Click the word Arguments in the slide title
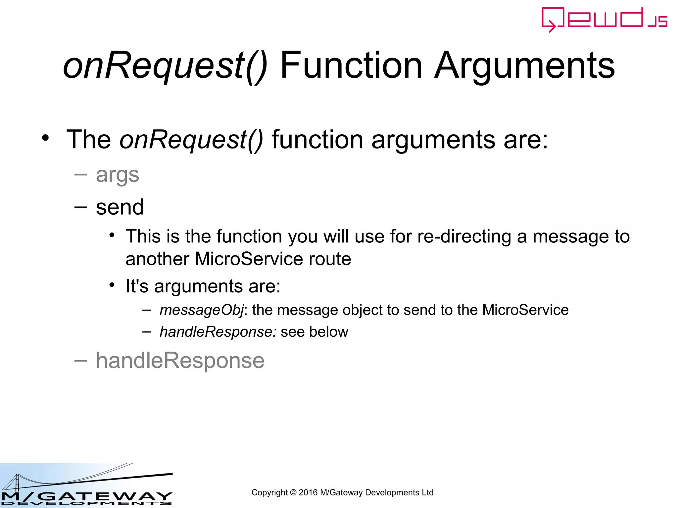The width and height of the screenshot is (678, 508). click(525, 66)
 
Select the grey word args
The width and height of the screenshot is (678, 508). click(117, 175)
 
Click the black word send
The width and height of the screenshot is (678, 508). click(120, 207)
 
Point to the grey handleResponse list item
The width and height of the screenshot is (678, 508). click(180, 360)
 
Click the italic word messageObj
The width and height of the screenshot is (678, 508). click(201, 310)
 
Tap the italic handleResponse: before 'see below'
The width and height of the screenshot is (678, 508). click(218, 332)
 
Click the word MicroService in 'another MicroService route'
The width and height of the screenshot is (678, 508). click(249, 259)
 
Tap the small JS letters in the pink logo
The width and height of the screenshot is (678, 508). click(657, 21)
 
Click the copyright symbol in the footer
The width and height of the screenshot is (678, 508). click(293, 493)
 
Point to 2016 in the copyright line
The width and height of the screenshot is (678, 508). click(308, 493)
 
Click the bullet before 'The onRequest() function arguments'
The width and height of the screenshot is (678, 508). click(45, 138)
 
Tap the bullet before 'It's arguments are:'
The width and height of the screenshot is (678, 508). click(112, 285)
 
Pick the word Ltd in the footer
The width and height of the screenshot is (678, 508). click(427, 493)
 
